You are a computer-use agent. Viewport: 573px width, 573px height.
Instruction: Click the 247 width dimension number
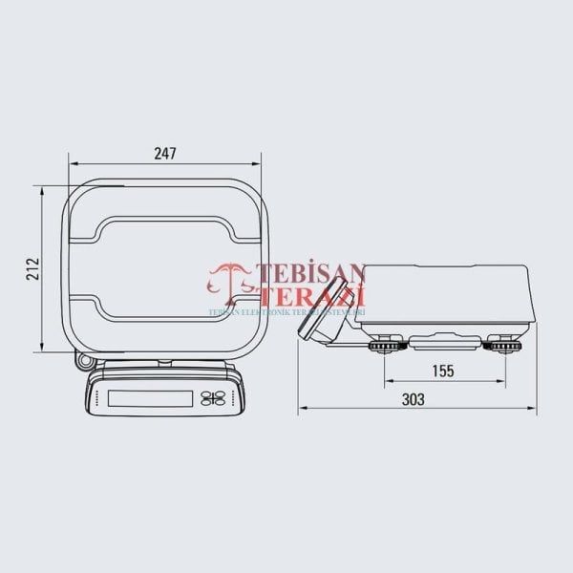[x=164, y=153]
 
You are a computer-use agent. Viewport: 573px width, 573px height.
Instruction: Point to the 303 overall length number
[x=414, y=400]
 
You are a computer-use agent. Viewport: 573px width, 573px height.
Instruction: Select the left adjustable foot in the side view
[x=386, y=346]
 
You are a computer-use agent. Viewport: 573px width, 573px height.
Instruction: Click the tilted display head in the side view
[x=321, y=310]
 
